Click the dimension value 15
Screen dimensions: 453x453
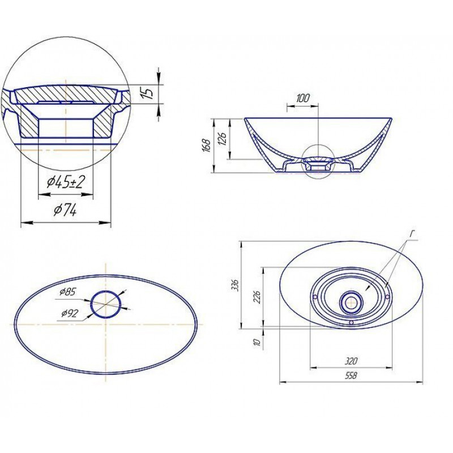coord(148,92)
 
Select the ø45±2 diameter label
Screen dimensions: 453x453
coord(66,182)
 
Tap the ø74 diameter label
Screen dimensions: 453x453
coord(65,211)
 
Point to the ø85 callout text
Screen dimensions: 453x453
coord(67,292)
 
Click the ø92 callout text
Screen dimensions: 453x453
coord(70,313)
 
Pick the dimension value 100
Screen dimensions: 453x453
coord(302,98)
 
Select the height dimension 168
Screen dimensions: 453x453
coord(207,146)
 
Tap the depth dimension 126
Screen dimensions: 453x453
coord(224,138)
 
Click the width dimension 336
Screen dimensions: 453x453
coord(236,285)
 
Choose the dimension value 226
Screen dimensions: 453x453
coord(257,297)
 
